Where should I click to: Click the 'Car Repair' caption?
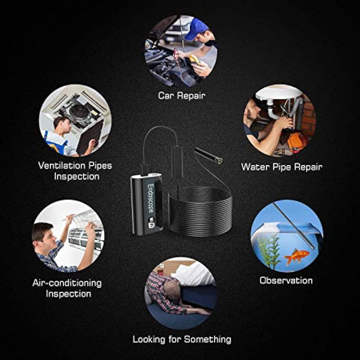pos(181,96)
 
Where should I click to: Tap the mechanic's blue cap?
pos(196,28)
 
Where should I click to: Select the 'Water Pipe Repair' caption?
pos(281,167)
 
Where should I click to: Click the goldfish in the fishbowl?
pos(297,256)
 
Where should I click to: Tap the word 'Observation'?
pos(286,280)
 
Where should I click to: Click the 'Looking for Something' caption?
pos(182,339)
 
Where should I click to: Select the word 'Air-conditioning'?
pos(67,283)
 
